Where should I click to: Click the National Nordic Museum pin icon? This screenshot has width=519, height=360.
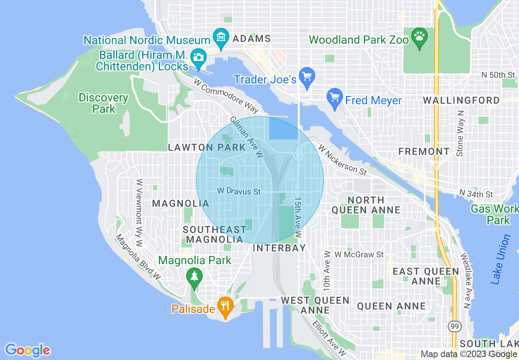pyautogui.click(x=221, y=37)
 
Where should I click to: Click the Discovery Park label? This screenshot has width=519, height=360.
pyautogui.click(x=104, y=103)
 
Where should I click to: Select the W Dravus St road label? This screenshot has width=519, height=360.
pyautogui.click(x=239, y=191)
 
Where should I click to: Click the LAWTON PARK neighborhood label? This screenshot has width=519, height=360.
pyautogui.click(x=207, y=148)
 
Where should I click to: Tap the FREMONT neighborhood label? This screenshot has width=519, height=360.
pyautogui.click(x=424, y=151)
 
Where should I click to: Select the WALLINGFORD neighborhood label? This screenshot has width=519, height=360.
pyautogui.click(x=461, y=100)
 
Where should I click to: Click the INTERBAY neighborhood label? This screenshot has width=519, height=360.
pyautogui.click(x=280, y=248)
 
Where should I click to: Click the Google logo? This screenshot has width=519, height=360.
pyautogui.click(x=28, y=350)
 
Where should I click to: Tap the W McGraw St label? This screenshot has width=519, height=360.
pyautogui.click(x=359, y=254)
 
